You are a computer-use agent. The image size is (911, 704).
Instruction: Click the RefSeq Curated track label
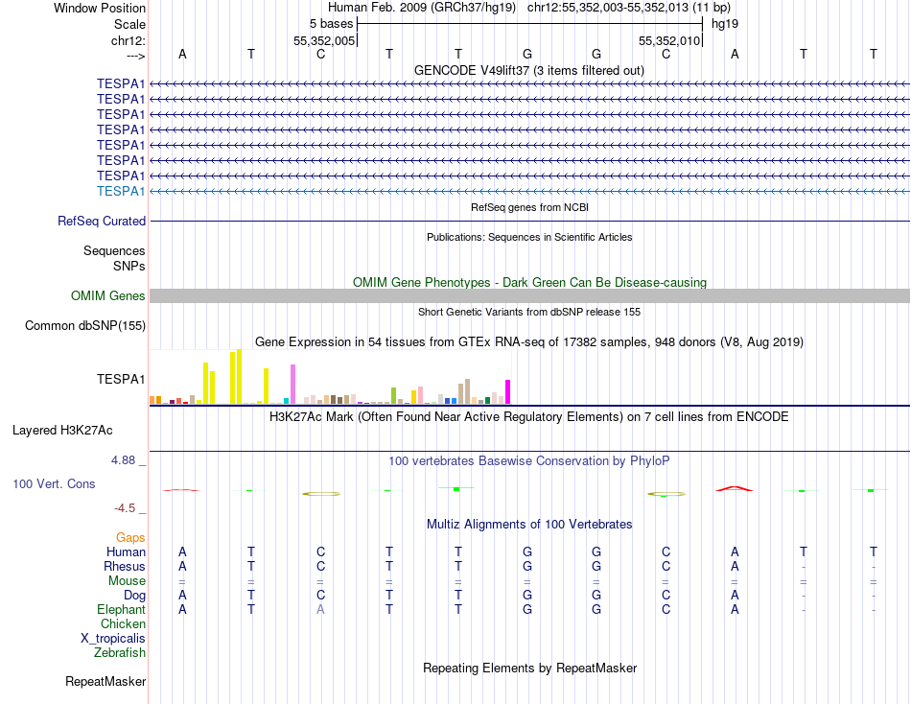102,222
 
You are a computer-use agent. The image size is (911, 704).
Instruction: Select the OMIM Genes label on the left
108,296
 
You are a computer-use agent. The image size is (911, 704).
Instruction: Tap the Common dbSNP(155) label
85,326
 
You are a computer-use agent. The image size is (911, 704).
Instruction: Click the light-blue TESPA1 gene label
121,192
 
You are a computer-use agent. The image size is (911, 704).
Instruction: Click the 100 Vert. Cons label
54,484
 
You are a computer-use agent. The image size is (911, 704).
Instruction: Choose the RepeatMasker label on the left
105,682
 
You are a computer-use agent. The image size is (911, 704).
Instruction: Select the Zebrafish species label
120,653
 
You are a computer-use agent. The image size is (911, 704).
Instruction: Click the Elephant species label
121,610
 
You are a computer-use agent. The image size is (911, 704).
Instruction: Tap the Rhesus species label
125,567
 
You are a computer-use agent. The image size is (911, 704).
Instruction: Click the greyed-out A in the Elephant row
321,610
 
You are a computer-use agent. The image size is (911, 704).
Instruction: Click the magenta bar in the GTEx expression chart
508,392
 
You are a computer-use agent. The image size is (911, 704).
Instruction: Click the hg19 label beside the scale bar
724,24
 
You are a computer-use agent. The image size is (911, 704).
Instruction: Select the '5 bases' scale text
331,24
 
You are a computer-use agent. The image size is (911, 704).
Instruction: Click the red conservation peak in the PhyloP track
735,488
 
